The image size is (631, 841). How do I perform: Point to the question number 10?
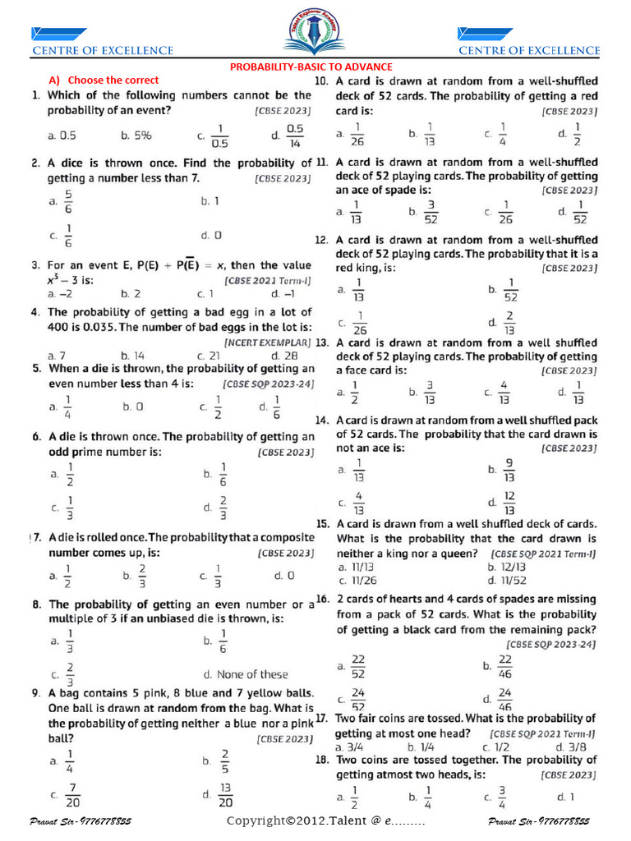pyautogui.click(x=322, y=81)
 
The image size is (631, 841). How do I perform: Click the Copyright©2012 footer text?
pyautogui.click(x=325, y=821)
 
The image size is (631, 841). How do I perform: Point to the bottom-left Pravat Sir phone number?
pyautogui.click(x=81, y=821)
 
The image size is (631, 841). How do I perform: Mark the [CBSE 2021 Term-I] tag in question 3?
pyautogui.click(x=268, y=279)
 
